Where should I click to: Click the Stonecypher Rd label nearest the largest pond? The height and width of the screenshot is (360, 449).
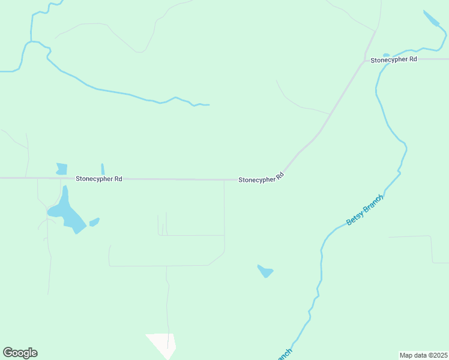(99, 179)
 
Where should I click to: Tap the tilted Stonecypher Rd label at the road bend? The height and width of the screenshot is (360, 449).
(261, 178)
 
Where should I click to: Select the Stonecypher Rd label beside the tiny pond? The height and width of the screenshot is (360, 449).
(393, 60)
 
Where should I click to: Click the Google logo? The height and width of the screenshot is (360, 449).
(20, 353)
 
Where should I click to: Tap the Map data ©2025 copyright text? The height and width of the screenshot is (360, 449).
(423, 355)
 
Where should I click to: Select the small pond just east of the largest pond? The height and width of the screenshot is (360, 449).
(94, 223)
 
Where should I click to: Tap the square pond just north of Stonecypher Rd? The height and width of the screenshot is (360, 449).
(61, 169)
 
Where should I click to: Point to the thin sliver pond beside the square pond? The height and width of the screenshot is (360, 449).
(103, 169)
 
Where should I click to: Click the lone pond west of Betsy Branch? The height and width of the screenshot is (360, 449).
(265, 271)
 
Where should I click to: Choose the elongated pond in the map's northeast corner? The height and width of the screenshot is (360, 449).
(432, 19)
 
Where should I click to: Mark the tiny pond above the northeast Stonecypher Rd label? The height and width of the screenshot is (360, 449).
(386, 55)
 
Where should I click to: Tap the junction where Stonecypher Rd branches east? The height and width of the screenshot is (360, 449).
(364, 60)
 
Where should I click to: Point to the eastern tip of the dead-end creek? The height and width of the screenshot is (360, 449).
(208, 105)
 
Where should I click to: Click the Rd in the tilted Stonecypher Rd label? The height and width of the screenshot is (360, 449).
(279, 176)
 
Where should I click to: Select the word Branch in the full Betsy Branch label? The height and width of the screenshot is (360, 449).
(372, 205)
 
